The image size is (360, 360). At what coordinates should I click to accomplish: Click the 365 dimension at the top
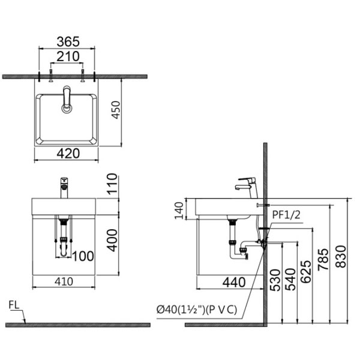click(68, 41)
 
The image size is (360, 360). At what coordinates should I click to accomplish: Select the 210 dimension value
click(68, 56)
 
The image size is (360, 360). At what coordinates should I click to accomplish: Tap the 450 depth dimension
click(116, 110)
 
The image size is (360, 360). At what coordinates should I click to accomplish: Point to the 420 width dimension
click(68, 154)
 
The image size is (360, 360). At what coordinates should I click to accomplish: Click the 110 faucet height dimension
click(113, 184)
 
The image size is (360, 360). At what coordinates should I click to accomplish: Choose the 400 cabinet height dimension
click(113, 240)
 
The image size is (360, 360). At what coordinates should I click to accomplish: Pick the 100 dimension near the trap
click(83, 256)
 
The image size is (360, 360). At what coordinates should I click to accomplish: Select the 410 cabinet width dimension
click(64, 281)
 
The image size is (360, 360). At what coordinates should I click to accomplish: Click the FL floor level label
click(14, 305)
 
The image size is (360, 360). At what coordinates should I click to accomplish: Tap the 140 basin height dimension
click(179, 211)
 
